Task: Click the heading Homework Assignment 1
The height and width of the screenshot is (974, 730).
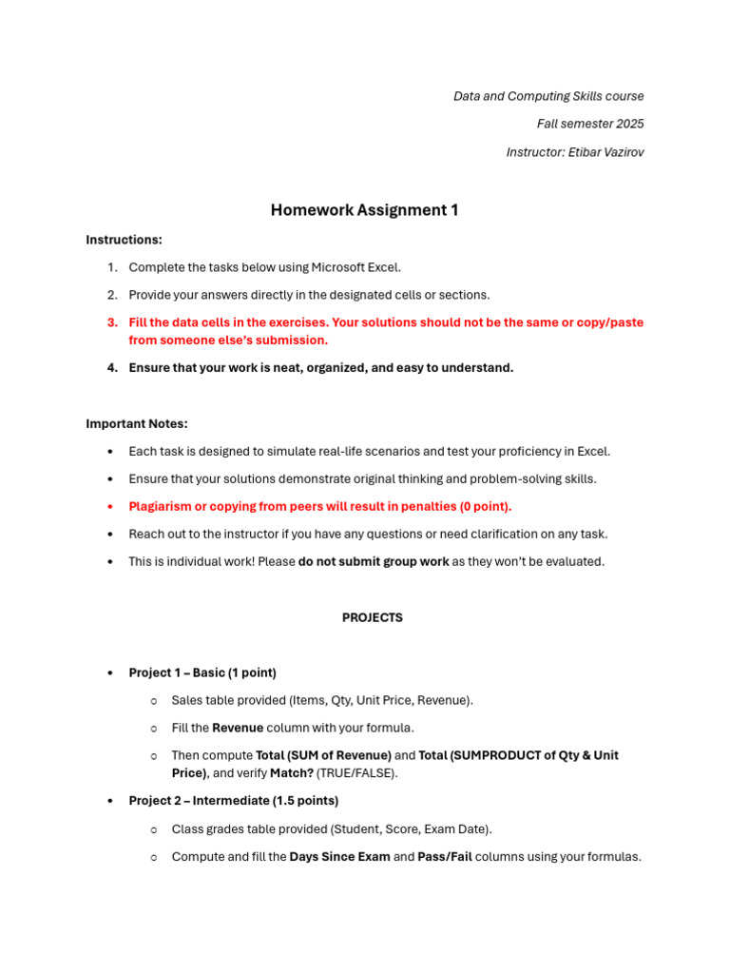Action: point(364,210)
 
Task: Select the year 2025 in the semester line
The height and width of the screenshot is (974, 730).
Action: point(629,124)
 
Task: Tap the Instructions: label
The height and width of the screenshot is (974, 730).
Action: point(125,240)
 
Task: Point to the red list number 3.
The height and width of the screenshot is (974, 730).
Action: point(112,322)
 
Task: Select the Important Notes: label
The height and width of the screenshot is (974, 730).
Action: point(137,423)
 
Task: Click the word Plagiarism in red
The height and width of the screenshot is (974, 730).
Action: point(161,507)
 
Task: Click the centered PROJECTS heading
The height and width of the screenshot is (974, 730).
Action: point(373,618)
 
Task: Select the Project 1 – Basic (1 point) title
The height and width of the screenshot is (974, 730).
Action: point(202,672)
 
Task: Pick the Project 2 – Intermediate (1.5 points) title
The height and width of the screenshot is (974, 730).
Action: point(234,801)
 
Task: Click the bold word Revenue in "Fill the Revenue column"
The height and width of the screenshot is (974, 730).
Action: point(238,728)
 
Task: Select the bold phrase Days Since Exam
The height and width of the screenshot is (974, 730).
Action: point(339,857)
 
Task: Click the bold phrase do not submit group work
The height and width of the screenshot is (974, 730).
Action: point(374,562)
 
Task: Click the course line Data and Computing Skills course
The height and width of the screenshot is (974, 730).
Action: point(548,96)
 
